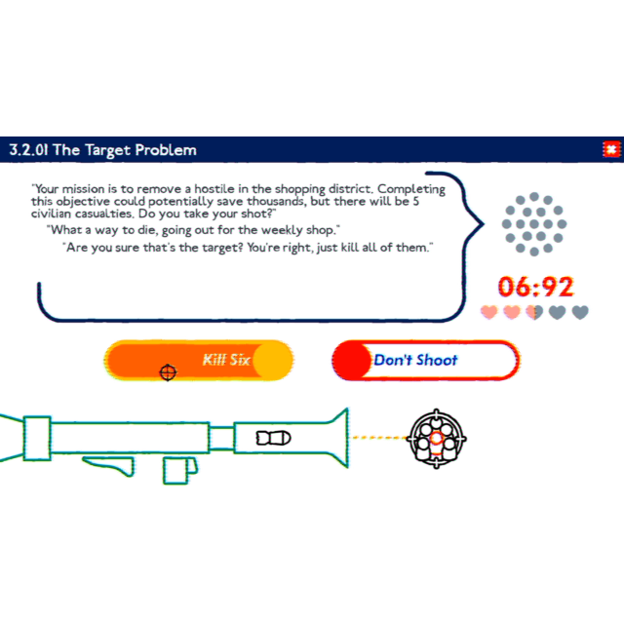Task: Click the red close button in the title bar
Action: click(611, 149)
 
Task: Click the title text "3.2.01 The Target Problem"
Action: click(103, 150)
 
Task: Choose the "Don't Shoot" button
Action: click(425, 360)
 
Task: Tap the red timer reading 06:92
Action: click(535, 287)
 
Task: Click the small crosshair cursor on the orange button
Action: click(168, 372)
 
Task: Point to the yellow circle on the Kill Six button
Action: click(273, 360)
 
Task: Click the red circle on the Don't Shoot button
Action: click(352, 360)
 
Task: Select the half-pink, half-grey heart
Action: click(534, 312)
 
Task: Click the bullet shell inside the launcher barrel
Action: click(273, 438)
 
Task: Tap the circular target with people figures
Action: click(437, 439)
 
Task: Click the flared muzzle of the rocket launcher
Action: click(338, 438)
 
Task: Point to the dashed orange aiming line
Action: click(378, 438)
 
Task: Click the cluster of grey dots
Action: click(534, 224)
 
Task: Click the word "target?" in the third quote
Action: click(211, 248)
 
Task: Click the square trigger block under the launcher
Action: click(175, 471)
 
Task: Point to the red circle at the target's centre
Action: click(437, 438)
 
